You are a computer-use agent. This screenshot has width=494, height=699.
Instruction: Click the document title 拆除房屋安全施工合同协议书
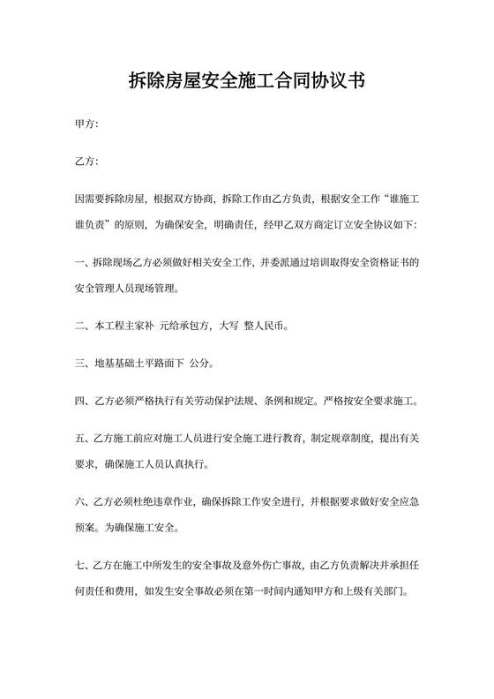click(247, 83)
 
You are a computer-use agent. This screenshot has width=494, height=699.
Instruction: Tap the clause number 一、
click(85, 262)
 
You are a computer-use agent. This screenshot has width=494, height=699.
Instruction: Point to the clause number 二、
click(85, 325)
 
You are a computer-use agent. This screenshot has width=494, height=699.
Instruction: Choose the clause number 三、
click(85, 363)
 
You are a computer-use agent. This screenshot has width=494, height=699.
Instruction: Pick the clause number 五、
click(85, 438)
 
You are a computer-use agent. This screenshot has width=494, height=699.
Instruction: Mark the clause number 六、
click(85, 501)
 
